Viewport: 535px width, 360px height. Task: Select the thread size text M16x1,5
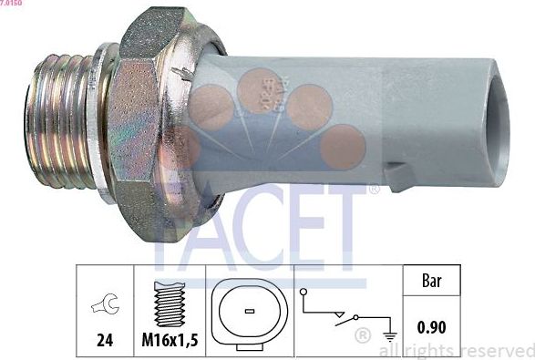pyautogui.click(x=170, y=343)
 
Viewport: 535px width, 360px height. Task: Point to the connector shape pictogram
pyautogui.click(x=249, y=313)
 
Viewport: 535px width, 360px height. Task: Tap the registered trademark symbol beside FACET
pyautogui.click(x=374, y=190)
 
